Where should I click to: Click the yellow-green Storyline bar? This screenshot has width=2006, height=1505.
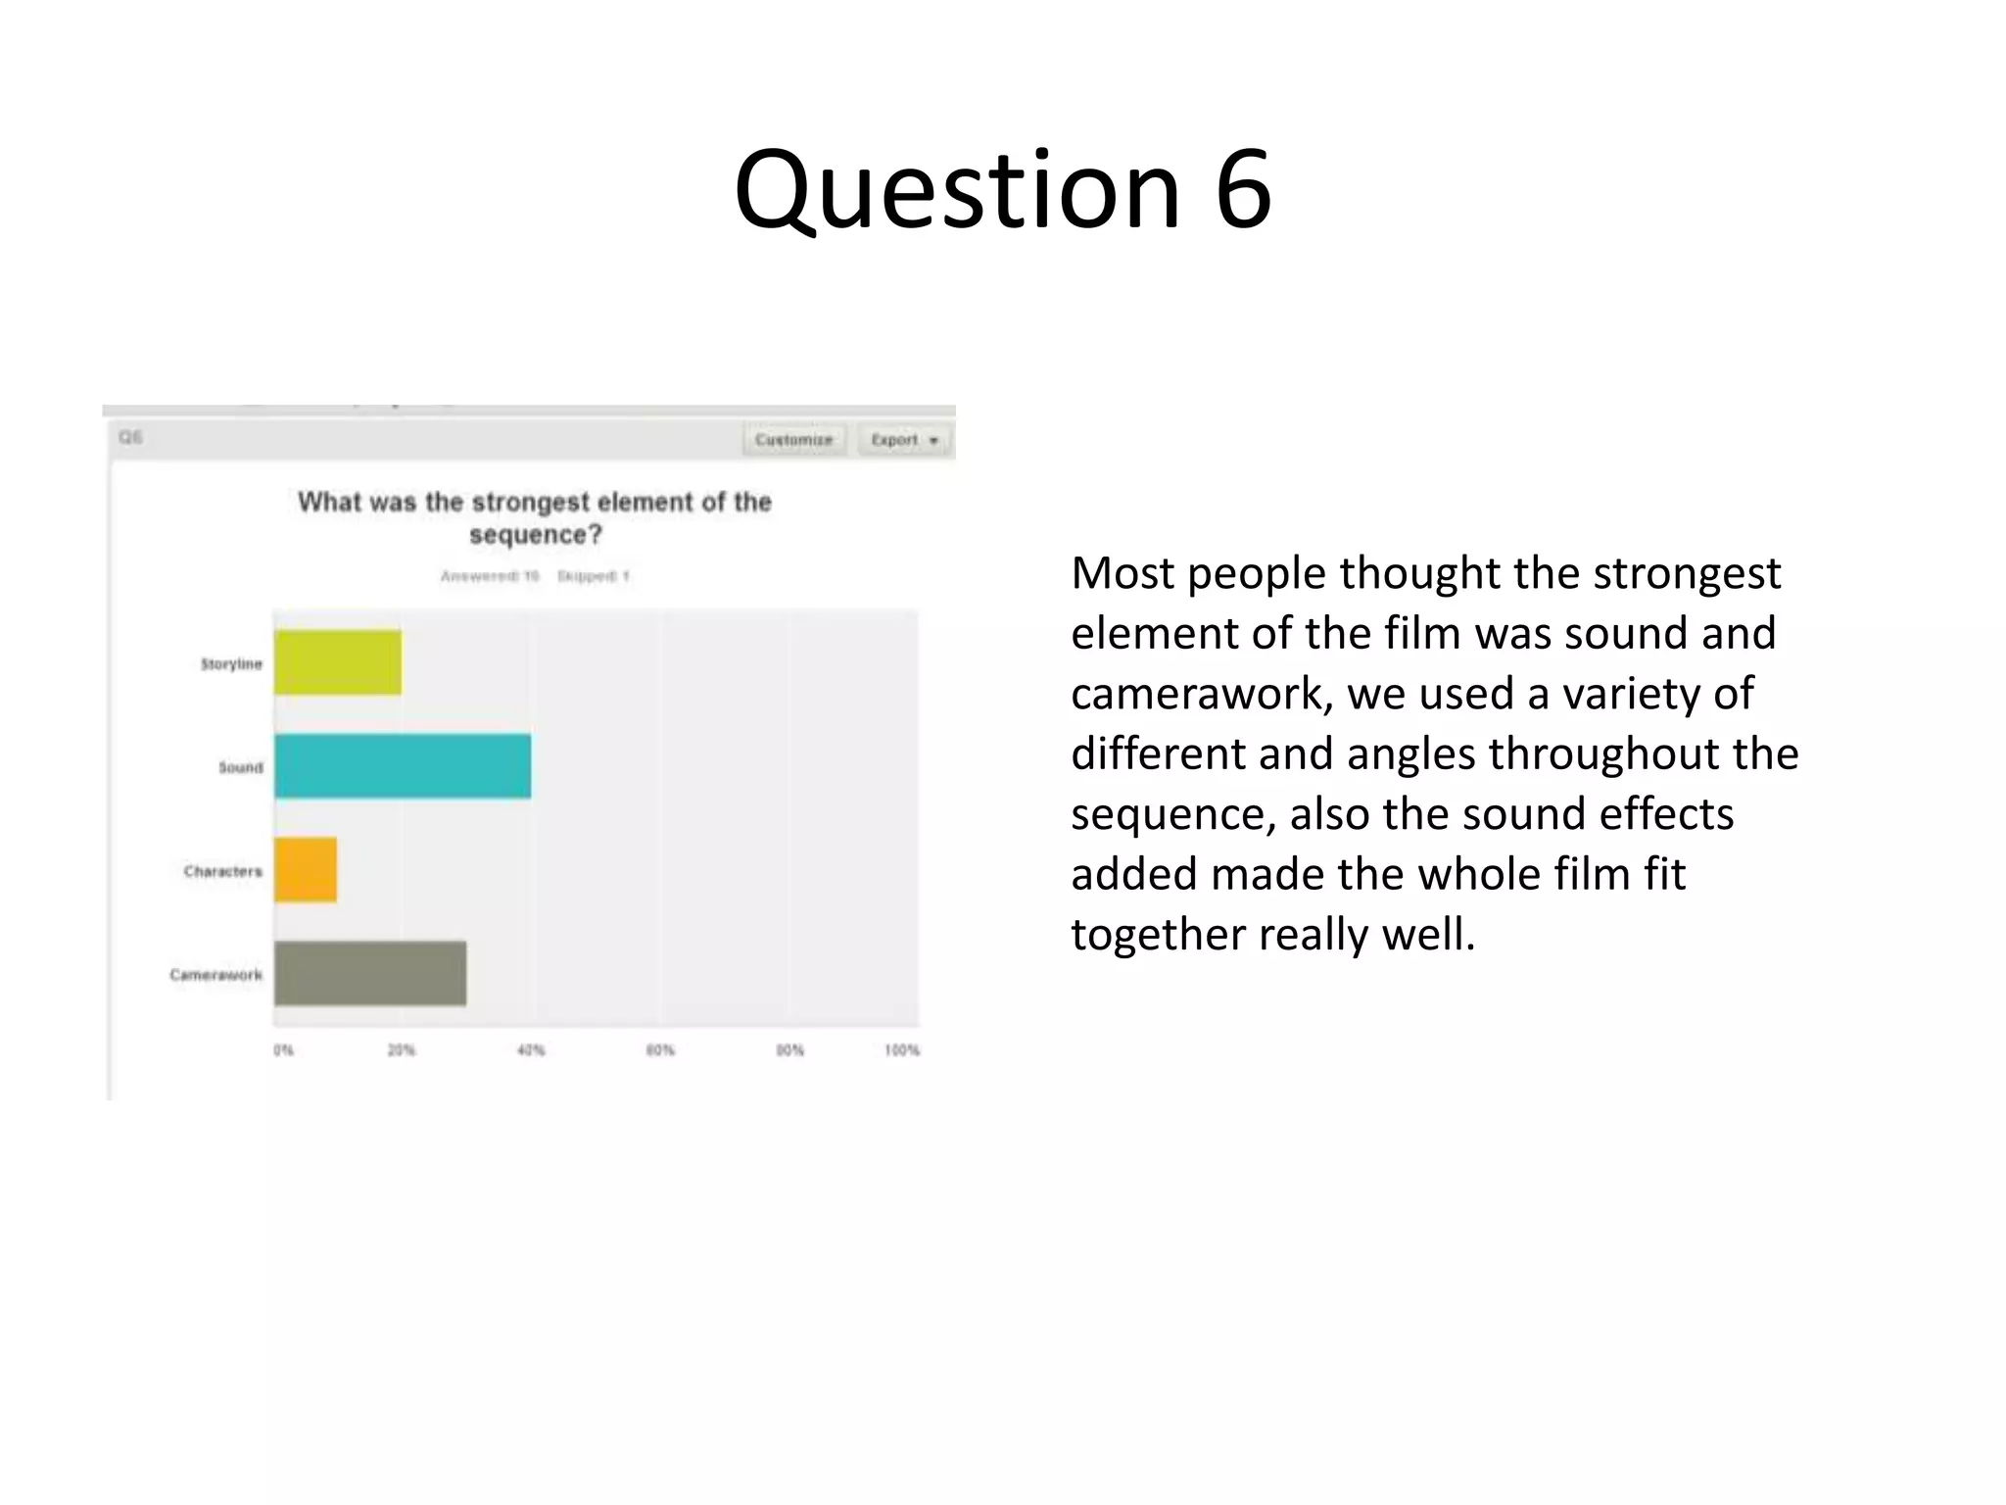[337, 662]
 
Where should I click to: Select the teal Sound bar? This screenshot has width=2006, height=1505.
[403, 766]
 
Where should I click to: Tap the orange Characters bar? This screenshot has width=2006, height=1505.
[306, 869]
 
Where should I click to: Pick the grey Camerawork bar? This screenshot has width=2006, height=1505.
[370, 973]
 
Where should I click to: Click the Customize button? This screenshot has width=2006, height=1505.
[793, 440]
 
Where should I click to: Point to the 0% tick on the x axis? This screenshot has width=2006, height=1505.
[283, 1050]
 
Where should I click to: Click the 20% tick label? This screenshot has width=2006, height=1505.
[402, 1050]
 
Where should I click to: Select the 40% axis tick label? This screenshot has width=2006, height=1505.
[531, 1050]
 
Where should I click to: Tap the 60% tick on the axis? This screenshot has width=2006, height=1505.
[660, 1050]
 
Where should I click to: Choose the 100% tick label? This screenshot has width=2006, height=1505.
[902, 1050]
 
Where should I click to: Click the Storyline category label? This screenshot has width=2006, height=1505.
[232, 664]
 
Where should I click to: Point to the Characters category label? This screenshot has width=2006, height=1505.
[223, 871]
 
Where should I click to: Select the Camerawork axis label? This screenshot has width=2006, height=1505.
[216, 975]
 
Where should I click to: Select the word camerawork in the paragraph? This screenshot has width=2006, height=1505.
[1202, 694]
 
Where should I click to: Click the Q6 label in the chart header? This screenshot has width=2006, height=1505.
[130, 437]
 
